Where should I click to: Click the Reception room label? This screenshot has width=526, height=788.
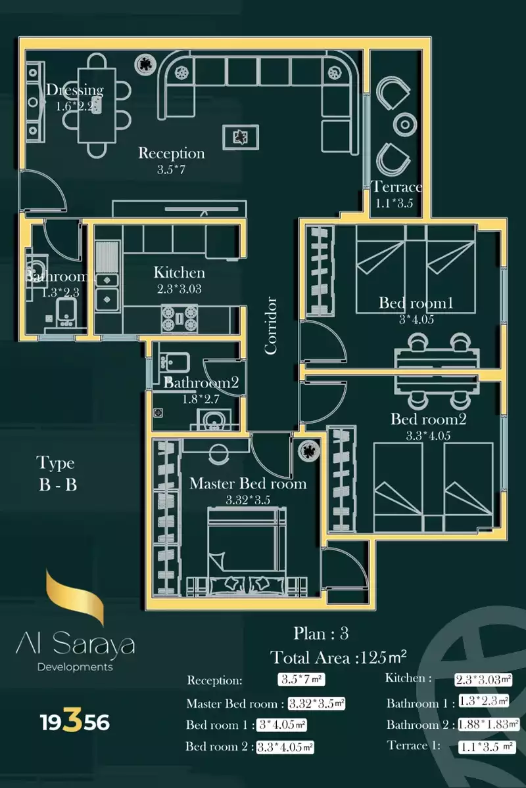click(172, 154)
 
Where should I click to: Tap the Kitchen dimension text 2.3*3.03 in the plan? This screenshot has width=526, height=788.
click(179, 287)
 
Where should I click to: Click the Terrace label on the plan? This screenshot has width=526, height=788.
click(396, 186)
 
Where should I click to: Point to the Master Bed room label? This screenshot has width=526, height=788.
click(248, 484)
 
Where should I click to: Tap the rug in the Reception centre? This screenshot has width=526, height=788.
click(241, 137)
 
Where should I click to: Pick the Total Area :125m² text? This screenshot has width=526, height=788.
click(339, 657)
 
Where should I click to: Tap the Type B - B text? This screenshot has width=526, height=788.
click(56, 474)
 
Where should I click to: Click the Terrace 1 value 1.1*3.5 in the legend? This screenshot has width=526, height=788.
click(487, 747)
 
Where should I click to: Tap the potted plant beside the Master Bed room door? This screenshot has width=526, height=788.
click(307, 451)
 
